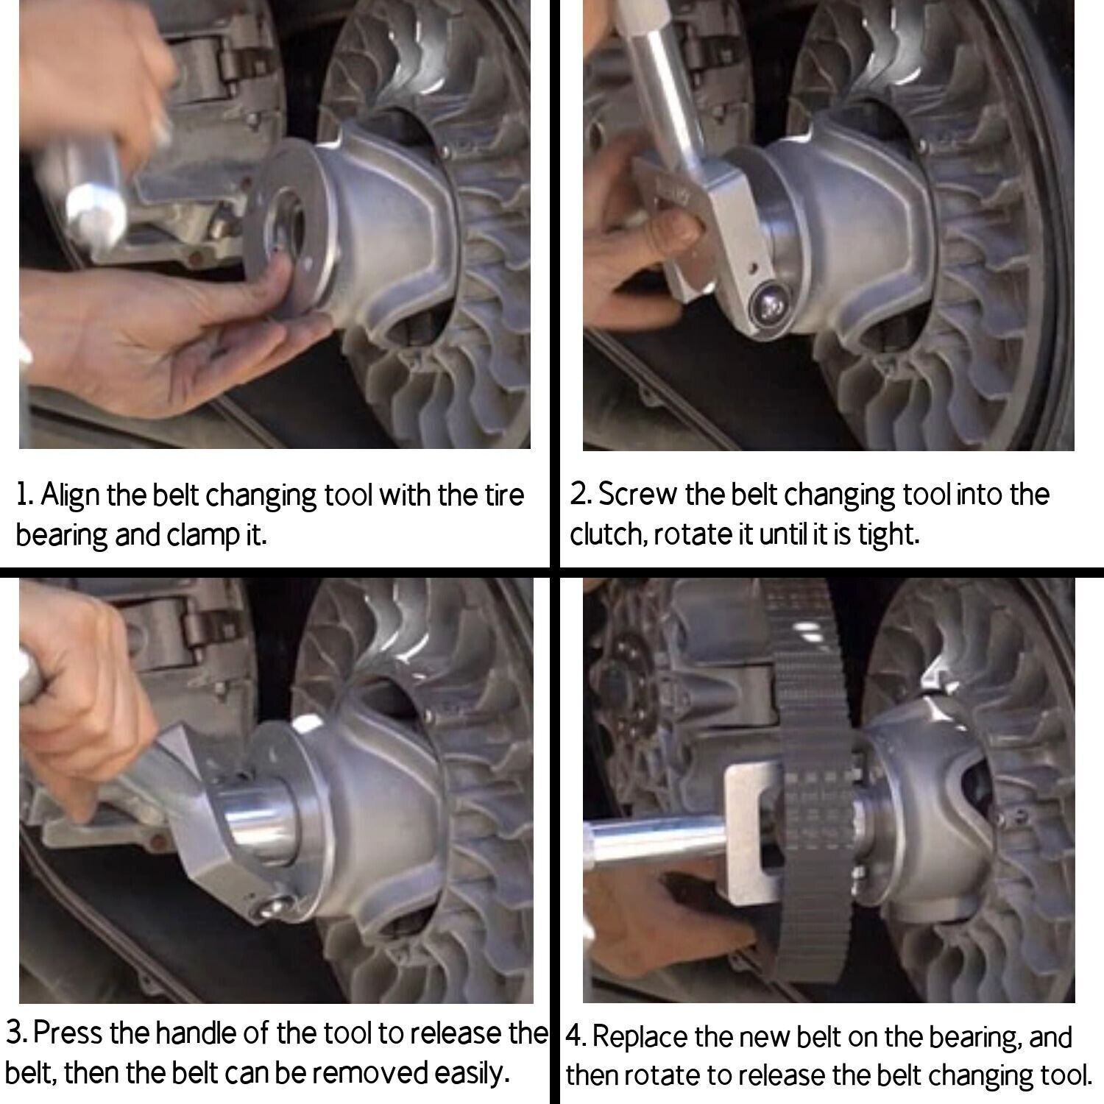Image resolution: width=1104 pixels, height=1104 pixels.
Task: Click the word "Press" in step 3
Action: pyautogui.click(x=68, y=1034)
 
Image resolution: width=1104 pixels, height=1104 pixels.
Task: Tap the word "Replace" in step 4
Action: pyautogui.click(x=639, y=1038)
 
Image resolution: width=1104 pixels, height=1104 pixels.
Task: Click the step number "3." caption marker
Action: pyautogui.click(x=17, y=1034)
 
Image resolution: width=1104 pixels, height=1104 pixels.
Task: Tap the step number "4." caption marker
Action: pyautogui.click(x=576, y=1038)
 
